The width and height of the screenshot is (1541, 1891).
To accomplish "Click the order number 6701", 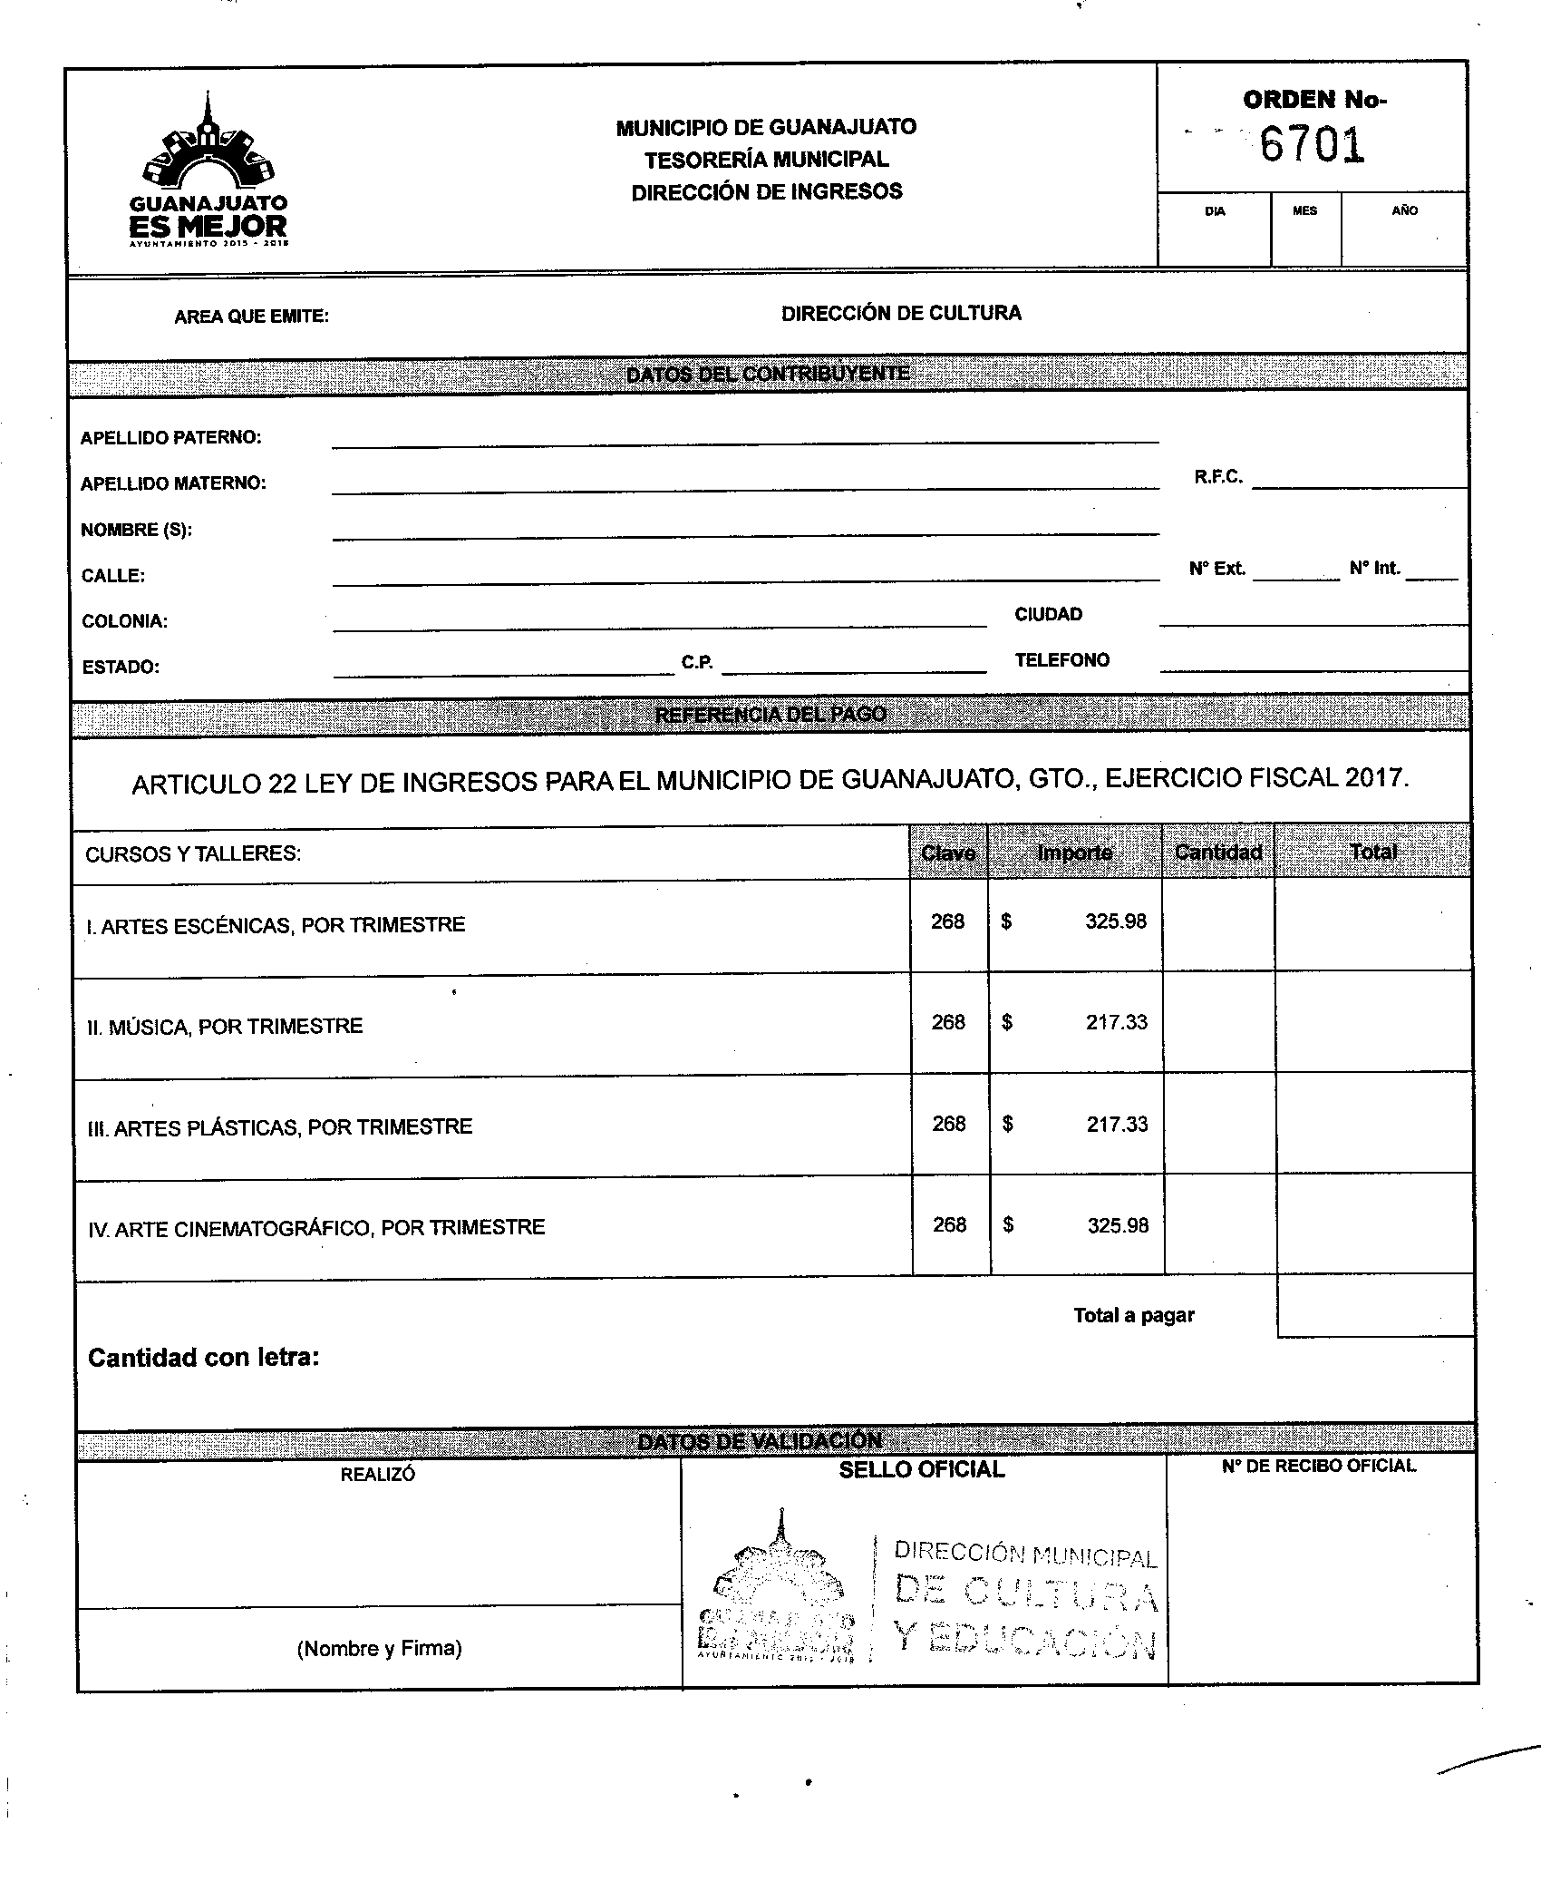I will click(1312, 145).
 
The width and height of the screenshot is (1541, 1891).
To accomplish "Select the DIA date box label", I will click(1215, 211).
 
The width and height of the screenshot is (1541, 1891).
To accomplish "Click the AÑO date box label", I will click(1404, 210).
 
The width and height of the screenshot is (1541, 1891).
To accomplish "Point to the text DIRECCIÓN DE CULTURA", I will click(901, 314).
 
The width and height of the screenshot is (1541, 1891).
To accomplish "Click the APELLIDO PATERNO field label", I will click(170, 438).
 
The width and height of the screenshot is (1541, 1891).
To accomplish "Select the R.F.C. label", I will click(1218, 477).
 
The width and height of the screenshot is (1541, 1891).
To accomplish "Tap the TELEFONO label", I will click(1061, 660).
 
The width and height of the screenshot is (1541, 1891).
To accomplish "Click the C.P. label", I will click(697, 663).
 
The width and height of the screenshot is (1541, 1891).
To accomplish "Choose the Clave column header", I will click(948, 853).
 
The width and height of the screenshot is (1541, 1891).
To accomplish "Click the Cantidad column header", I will click(1218, 853).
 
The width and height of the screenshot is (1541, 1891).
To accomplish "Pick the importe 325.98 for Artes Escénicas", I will click(1116, 921).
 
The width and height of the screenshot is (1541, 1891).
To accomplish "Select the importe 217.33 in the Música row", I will click(1117, 1022).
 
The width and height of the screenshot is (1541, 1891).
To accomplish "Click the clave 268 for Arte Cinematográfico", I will click(949, 1224).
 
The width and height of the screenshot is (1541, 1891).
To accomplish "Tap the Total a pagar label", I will click(1134, 1315).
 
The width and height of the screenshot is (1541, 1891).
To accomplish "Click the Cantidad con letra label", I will click(203, 1358).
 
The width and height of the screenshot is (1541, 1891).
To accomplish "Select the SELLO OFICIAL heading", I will click(922, 1470).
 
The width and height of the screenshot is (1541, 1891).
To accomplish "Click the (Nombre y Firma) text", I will click(379, 1649).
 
